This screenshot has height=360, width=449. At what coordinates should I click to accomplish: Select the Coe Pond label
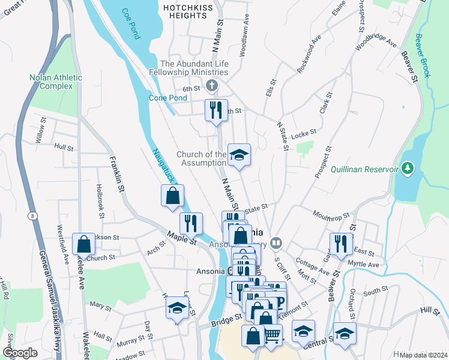130,23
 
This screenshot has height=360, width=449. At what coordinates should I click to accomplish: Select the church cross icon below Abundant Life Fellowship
210,85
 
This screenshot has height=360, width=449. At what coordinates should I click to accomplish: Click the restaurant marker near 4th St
215,110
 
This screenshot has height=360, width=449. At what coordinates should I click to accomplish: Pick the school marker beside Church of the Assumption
238,155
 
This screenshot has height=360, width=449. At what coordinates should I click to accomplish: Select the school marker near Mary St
176,308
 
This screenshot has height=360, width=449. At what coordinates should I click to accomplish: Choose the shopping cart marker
273,335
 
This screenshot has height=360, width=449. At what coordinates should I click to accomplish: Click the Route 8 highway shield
30,216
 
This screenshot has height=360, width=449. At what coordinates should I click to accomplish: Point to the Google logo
20,352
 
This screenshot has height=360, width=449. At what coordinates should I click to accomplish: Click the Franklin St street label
116,175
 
